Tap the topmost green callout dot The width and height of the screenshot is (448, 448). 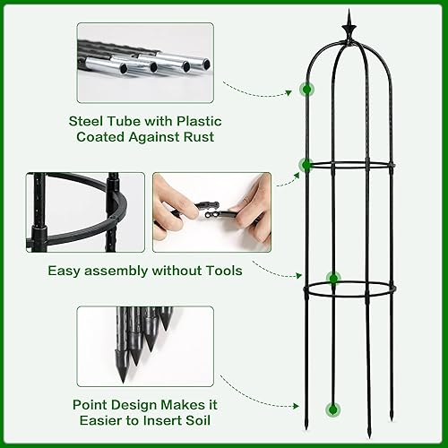[307, 90]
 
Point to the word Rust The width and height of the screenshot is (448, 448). [199, 137]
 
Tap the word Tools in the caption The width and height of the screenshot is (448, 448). [221, 270]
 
